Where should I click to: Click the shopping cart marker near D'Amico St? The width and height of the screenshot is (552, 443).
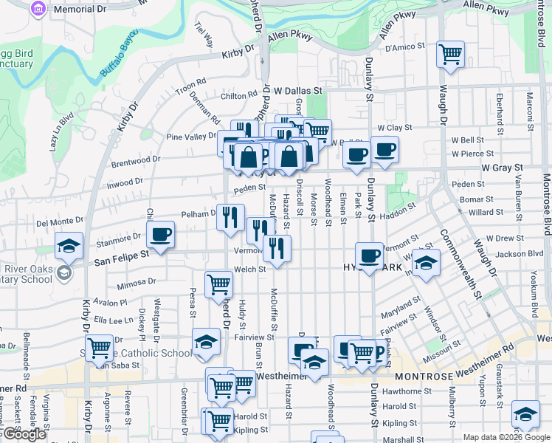(450, 53)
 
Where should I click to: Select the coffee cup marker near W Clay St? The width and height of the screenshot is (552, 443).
(385, 150)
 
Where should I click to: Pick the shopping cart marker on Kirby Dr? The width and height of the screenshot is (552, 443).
(99, 347)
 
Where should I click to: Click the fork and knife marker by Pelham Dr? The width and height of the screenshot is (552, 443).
(230, 217)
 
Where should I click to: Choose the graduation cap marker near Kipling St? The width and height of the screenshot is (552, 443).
(525, 413)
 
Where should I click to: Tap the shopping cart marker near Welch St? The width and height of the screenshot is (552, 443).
(218, 284)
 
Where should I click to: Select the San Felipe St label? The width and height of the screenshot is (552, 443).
(121, 253)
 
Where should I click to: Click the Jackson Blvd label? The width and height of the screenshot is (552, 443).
(520, 253)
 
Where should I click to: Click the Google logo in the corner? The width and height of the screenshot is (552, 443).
(24, 434)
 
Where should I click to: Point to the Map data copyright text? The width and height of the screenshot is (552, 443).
(506, 437)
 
